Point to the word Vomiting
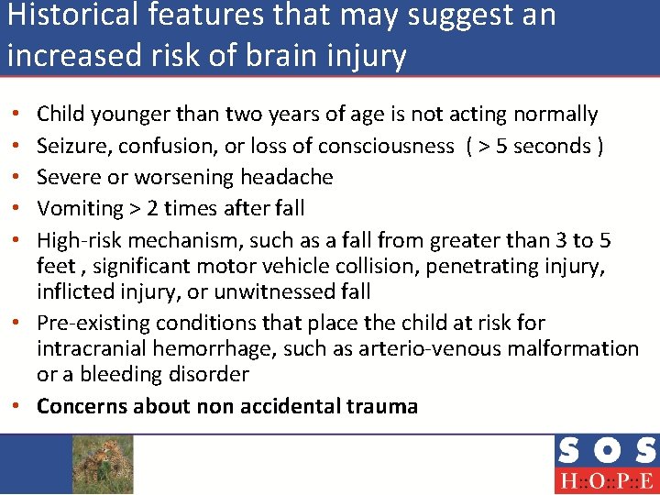coord(77,208)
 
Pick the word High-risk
coord(80,240)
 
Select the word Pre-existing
coord(93,323)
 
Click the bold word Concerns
coord(82,406)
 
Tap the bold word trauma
coord(381,406)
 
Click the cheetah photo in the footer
coord(103,464)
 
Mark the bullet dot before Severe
coord(19,177)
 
